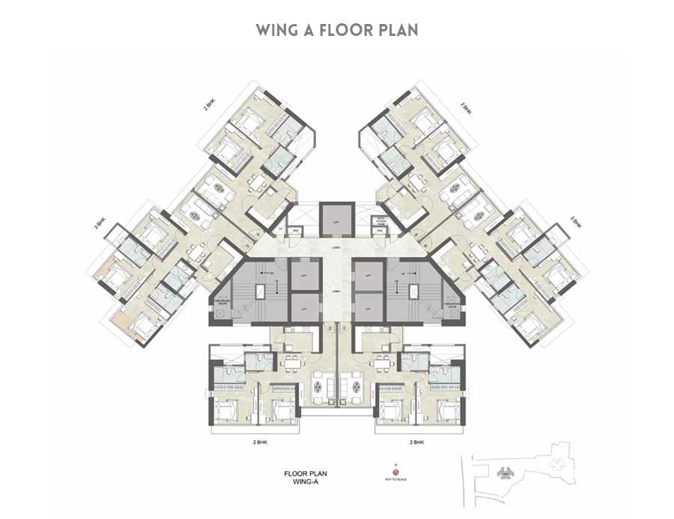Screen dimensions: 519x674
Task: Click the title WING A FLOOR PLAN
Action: click(x=336, y=31)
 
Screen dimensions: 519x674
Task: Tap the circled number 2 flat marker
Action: click(x=330, y=328)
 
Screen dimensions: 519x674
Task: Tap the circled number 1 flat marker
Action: click(x=343, y=328)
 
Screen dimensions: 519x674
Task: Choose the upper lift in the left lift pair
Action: click(x=304, y=274)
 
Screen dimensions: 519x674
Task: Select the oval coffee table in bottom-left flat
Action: click(x=322, y=387)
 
